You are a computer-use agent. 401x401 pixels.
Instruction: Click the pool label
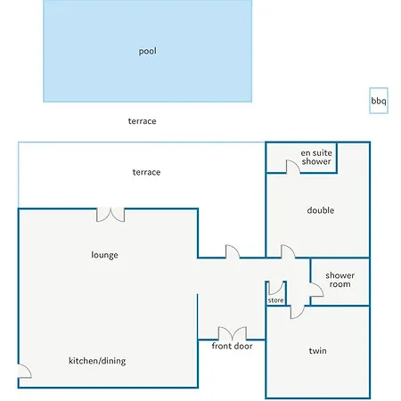[x=148, y=51]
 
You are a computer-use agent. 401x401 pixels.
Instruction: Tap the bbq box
[x=379, y=101]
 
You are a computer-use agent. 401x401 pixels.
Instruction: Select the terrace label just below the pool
[x=142, y=121]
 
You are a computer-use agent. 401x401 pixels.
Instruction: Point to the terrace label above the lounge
[x=146, y=172]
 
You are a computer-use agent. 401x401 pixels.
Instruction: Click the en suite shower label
[x=316, y=157]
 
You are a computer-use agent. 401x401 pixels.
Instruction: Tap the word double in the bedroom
[x=321, y=210]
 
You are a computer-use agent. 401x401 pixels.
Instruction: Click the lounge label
[x=104, y=255]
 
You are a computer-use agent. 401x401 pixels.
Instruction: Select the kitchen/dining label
[x=97, y=361]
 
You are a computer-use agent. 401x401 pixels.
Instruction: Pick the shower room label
[x=340, y=280]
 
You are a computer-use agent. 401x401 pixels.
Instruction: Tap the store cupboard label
[x=275, y=300]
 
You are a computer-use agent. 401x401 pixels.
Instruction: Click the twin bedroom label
[x=317, y=351]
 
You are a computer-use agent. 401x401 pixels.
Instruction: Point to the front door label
[x=232, y=346]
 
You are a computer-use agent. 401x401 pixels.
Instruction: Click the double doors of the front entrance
[x=233, y=333]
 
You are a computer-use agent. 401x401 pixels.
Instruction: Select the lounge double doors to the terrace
[x=110, y=215]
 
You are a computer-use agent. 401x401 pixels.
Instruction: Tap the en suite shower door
[x=293, y=167]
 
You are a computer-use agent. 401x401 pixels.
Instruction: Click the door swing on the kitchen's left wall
[x=25, y=371]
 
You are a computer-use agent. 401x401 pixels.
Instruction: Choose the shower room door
[x=316, y=290]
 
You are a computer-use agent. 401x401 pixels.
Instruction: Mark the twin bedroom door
[x=298, y=312]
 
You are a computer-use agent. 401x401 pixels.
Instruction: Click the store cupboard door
[x=276, y=288]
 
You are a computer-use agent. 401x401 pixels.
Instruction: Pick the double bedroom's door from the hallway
[x=288, y=251]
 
